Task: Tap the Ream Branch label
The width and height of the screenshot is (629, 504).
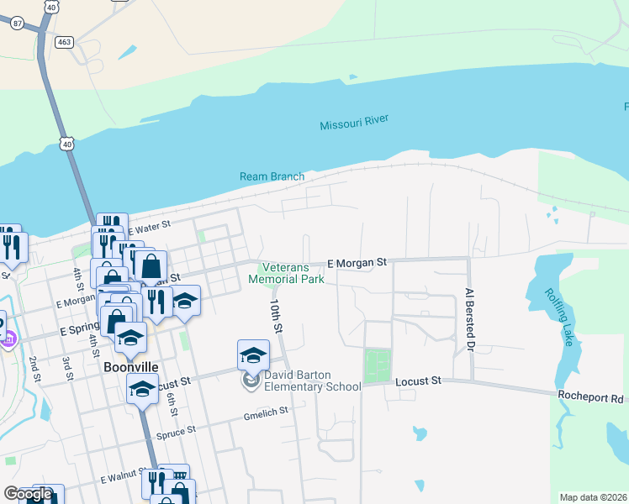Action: [271, 176]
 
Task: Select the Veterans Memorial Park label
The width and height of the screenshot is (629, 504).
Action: [286, 273]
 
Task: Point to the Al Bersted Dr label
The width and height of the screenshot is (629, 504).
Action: [470, 318]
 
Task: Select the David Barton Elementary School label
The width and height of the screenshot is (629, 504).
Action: [313, 381]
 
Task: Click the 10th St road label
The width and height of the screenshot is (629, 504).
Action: [275, 314]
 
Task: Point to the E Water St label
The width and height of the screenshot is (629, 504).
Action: [149, 226]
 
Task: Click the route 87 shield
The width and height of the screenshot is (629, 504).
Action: [17, 24]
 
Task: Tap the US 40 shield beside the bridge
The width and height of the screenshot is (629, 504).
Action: [67, 144]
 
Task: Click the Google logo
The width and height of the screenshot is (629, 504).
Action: [27, 494]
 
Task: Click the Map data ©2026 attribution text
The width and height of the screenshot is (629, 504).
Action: [593, 497]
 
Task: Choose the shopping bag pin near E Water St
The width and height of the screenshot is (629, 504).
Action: [151, 266]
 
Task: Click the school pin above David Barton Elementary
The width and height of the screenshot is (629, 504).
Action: [253, 355]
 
